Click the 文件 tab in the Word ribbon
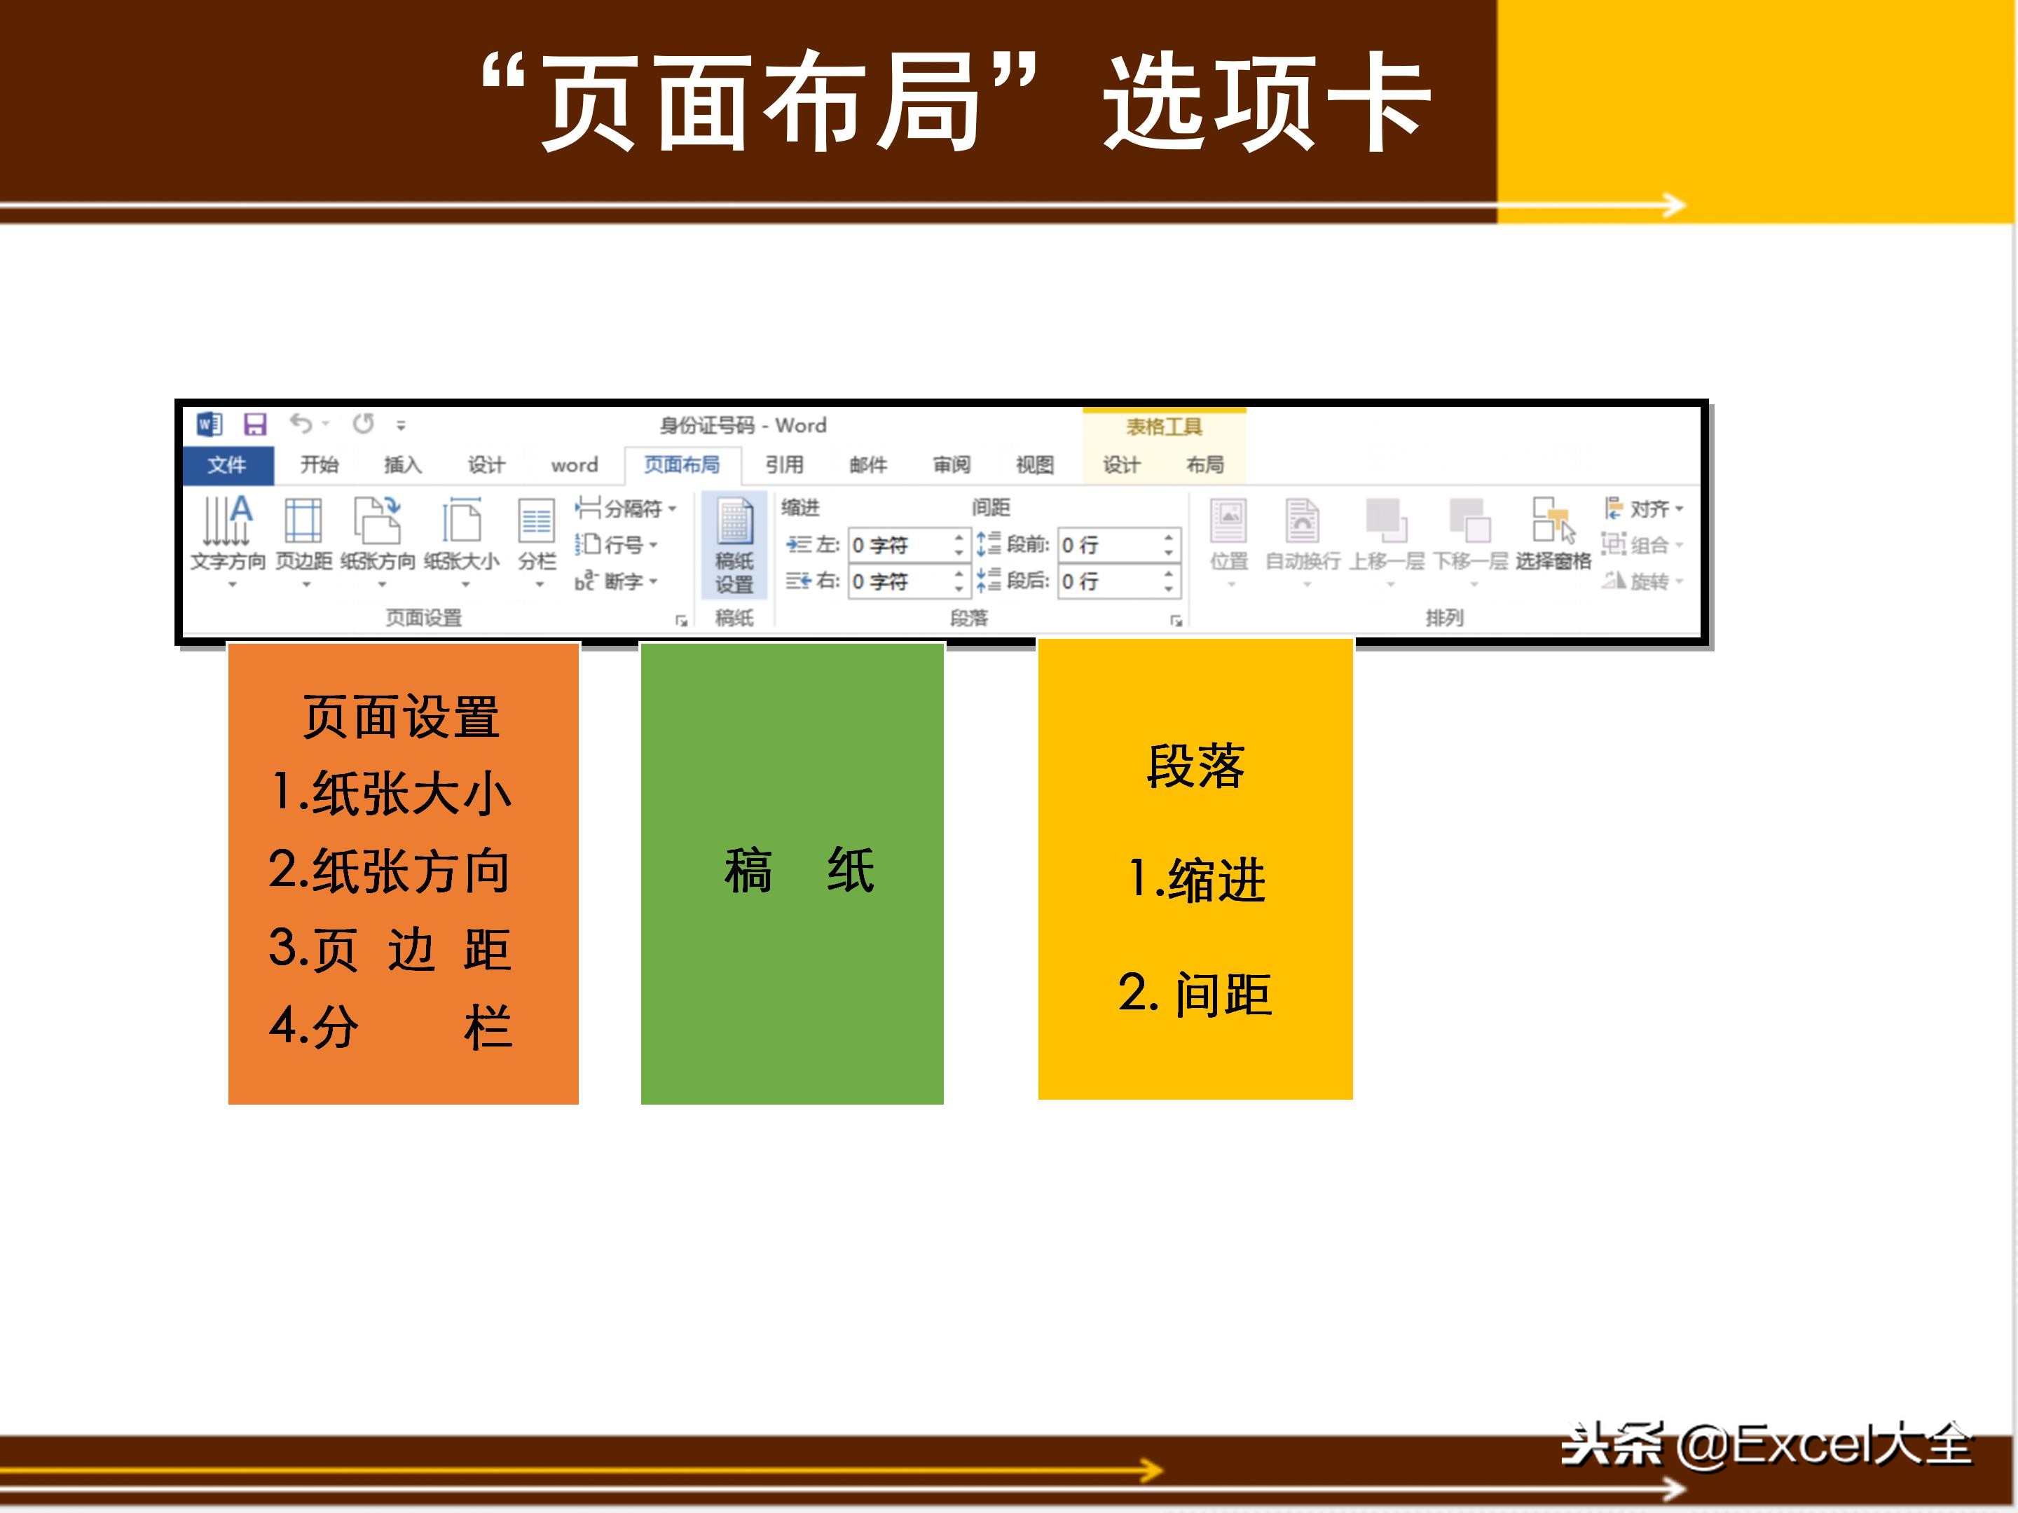click(x=226, y=465)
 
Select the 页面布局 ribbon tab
click(x=682, y=465)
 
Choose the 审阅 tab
click(x=952, y=465)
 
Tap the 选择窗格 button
click(x=1553, y=534)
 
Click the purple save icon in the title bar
click(x=254, y=424)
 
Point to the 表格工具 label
click(x=1164, y=427)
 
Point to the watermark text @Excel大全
click(x=1824, y=1446)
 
